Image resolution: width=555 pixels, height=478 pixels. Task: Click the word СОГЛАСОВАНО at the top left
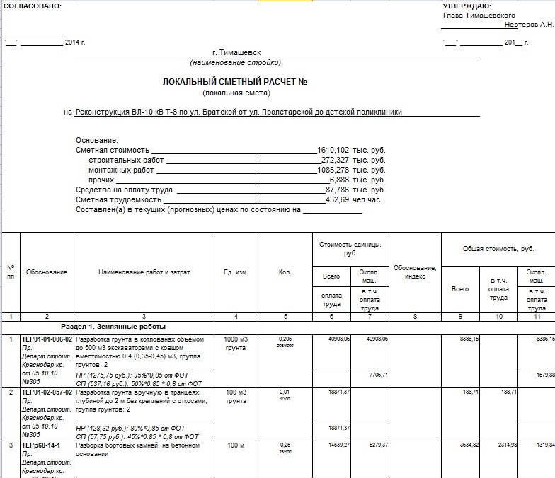(x=33, y=6)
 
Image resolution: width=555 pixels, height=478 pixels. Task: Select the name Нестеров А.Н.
(x=529, y=25)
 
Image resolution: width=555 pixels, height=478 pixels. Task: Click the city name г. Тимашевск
(x=236, y=53)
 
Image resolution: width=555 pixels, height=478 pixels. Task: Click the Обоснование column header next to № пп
(x=47, y=272)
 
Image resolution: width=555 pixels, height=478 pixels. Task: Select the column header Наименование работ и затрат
(x=144, y=272)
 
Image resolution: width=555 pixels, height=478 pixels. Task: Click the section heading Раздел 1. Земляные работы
(x=113, y=327)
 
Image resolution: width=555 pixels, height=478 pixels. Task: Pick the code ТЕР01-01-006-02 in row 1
(x=47, y=339)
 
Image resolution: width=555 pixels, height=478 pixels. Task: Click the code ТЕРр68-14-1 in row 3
(x=41, y=445)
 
